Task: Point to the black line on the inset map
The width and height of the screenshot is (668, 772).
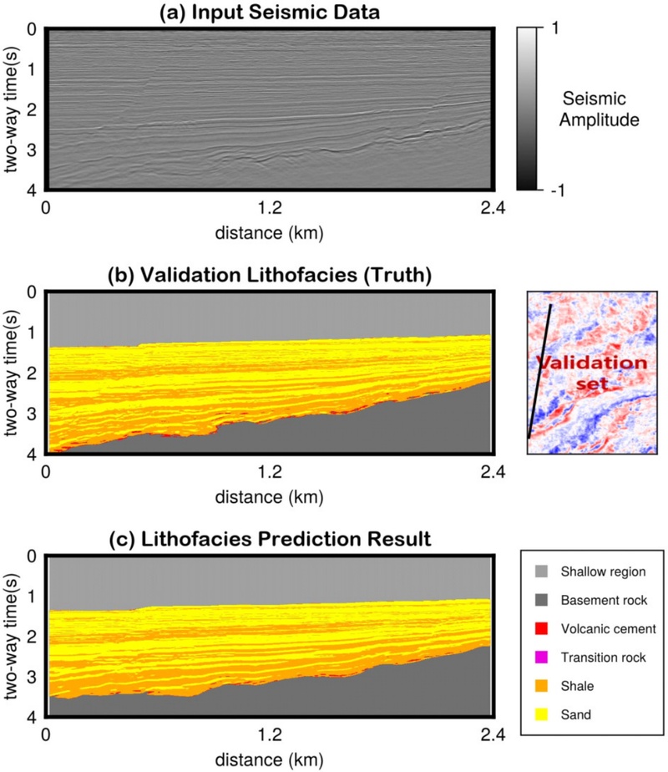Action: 539,372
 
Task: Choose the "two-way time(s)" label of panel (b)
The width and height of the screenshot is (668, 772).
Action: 12,373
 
